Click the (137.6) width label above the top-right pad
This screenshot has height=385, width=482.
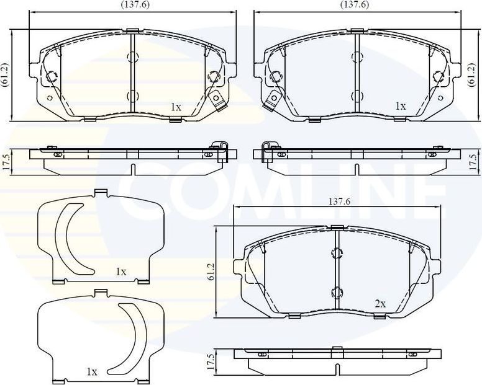pyautogui.click(x=354, y=4)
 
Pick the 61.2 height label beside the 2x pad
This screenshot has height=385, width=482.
pyautogui.click(x=211, y=272)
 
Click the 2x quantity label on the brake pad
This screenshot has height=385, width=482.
pyautogui.click(x=380, y=304)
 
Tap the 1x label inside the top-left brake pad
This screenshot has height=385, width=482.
pyautogui.click(x=176, y=107)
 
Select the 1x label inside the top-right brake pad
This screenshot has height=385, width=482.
pyautogui.click(x=400, y=106)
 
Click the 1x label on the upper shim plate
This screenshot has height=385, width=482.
pyautogui.click(x=120, y=272)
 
